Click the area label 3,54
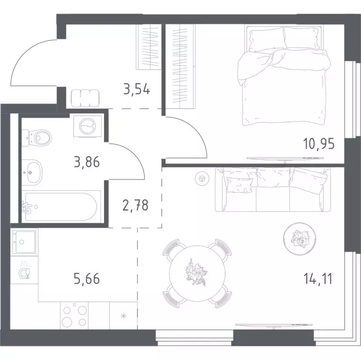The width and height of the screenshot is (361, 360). pos(137,90)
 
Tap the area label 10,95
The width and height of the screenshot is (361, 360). pos(319,144)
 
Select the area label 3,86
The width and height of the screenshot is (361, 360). pos(87,162)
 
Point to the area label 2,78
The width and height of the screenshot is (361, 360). pos(135,205)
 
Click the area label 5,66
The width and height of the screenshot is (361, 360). pos(87,279)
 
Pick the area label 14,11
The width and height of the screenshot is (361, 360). pos(318,279)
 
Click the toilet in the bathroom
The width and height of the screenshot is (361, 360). pos(37,138)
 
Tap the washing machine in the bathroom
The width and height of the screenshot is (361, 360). pos(88,127)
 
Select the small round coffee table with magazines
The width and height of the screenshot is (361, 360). pos(299,239)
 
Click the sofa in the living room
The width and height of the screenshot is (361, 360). pos(272,189)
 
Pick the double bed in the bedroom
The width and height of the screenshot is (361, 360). pos(285,76)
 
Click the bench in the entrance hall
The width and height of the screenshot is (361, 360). pos(85,98)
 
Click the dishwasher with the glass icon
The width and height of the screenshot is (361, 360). pos(24,270)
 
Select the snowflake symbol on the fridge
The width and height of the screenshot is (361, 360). pos(124,316)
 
